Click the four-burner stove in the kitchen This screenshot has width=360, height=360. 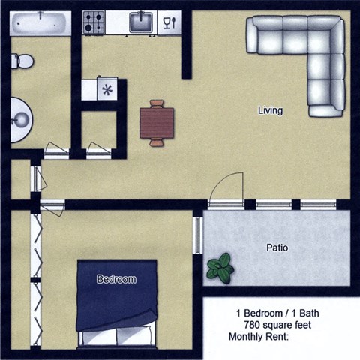(94, 22)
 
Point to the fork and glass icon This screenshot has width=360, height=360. (169, 22)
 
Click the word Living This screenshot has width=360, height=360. (270, 111)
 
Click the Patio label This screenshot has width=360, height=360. (277, 247)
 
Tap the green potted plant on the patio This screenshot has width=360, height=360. (220, 268)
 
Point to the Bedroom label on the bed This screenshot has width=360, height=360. (116, 280)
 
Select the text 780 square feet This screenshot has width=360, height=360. (277, 324)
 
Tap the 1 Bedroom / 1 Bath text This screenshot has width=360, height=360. (277, 312)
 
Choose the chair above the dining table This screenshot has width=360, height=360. (157, 103)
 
